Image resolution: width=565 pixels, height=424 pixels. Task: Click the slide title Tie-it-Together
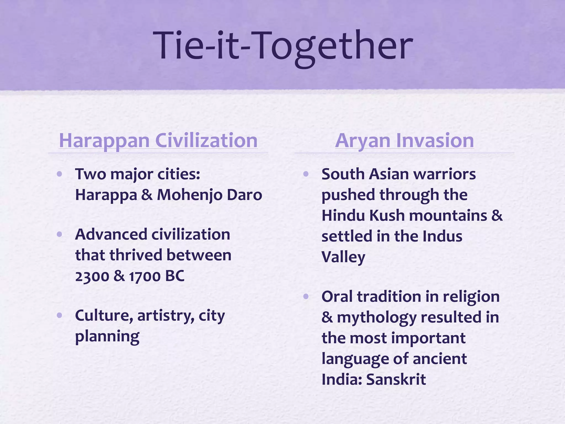pos(284,46)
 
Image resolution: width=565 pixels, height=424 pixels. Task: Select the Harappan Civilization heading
pos(158,141)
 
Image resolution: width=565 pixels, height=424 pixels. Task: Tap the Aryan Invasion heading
pos(404,141)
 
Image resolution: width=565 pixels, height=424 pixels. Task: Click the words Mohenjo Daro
pos(209,195)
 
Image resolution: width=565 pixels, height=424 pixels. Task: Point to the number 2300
pos(92,276)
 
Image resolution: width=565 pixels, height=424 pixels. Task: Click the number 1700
pos(145,276)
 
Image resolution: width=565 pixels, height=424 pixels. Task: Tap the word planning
pos(107,337)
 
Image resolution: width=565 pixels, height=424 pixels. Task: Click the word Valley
pos(343,257)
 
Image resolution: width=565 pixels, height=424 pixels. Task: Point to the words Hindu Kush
pos(363,215)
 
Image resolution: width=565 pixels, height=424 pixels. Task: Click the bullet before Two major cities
pos(59,174)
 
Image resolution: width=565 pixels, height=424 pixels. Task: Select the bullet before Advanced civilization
pos(59,234)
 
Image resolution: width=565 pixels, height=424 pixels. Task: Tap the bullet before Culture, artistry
pos(59,315)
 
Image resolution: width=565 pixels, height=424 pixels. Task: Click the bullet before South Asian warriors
pos(306,174)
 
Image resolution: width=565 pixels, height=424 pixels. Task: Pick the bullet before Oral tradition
pos(306,296)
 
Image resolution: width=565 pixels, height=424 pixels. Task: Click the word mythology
pos(376,318)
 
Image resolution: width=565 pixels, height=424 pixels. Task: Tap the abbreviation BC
pos(175,276)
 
